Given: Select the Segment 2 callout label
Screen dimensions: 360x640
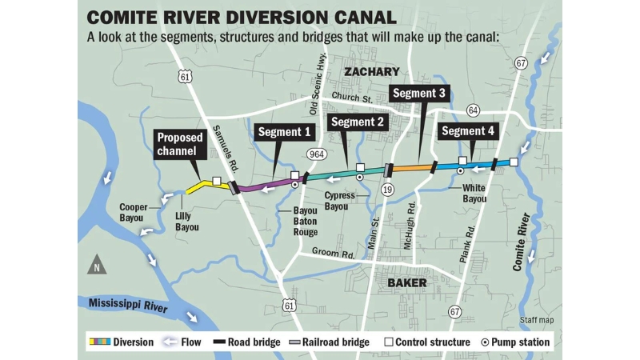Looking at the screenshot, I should (x=358, y=122).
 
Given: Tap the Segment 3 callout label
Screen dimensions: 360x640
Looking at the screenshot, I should (x=419, y=94).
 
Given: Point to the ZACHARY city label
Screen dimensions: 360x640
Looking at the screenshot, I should (x=371, y=73).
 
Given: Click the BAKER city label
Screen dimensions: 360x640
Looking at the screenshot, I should (x=409, y=283).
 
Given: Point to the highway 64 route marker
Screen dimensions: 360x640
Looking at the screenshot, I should (x=473, y=110).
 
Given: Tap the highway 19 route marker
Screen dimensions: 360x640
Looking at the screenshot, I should (x=388, y=189).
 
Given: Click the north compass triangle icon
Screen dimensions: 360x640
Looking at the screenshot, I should (x=97, y=265).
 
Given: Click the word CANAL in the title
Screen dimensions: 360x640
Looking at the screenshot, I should (x=354, y=17).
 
